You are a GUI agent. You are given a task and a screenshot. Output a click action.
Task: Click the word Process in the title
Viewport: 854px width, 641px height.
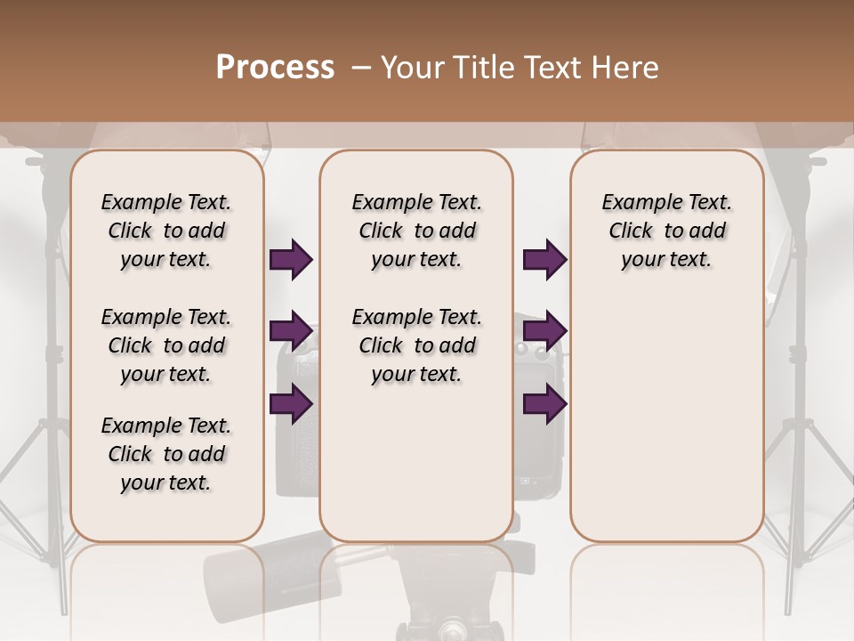click(275, 68)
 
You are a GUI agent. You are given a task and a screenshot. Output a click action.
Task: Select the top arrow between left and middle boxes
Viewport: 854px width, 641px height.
click(291, 260)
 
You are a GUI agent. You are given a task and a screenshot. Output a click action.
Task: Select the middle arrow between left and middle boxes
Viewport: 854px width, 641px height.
click(291, 332)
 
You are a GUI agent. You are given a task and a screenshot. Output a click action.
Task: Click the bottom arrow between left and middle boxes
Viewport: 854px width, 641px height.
click(291, 404)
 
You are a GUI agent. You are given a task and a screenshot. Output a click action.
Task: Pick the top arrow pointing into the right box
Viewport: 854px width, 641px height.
click(544, 260)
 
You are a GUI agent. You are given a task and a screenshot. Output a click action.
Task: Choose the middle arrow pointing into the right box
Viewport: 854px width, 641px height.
click(544, 332)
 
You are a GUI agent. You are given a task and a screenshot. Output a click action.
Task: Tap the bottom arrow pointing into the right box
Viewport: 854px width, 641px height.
click(544, 404)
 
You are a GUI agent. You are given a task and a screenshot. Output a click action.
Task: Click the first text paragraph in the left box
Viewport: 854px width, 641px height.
click(165, 231)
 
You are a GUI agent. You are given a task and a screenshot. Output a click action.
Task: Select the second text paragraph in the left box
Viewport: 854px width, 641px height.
click(165, 345)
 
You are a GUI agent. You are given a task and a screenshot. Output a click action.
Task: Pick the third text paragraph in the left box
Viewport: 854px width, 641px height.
click(165, 454)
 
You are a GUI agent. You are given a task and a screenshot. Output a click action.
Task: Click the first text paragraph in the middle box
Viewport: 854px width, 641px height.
click(416, 231)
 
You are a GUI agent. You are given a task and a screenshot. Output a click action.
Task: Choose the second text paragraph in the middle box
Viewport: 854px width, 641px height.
click(416, 345)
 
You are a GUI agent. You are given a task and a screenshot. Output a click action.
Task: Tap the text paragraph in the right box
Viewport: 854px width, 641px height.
click(666, 231)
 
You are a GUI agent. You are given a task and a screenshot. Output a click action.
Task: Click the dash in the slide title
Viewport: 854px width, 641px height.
click(361, 68)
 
